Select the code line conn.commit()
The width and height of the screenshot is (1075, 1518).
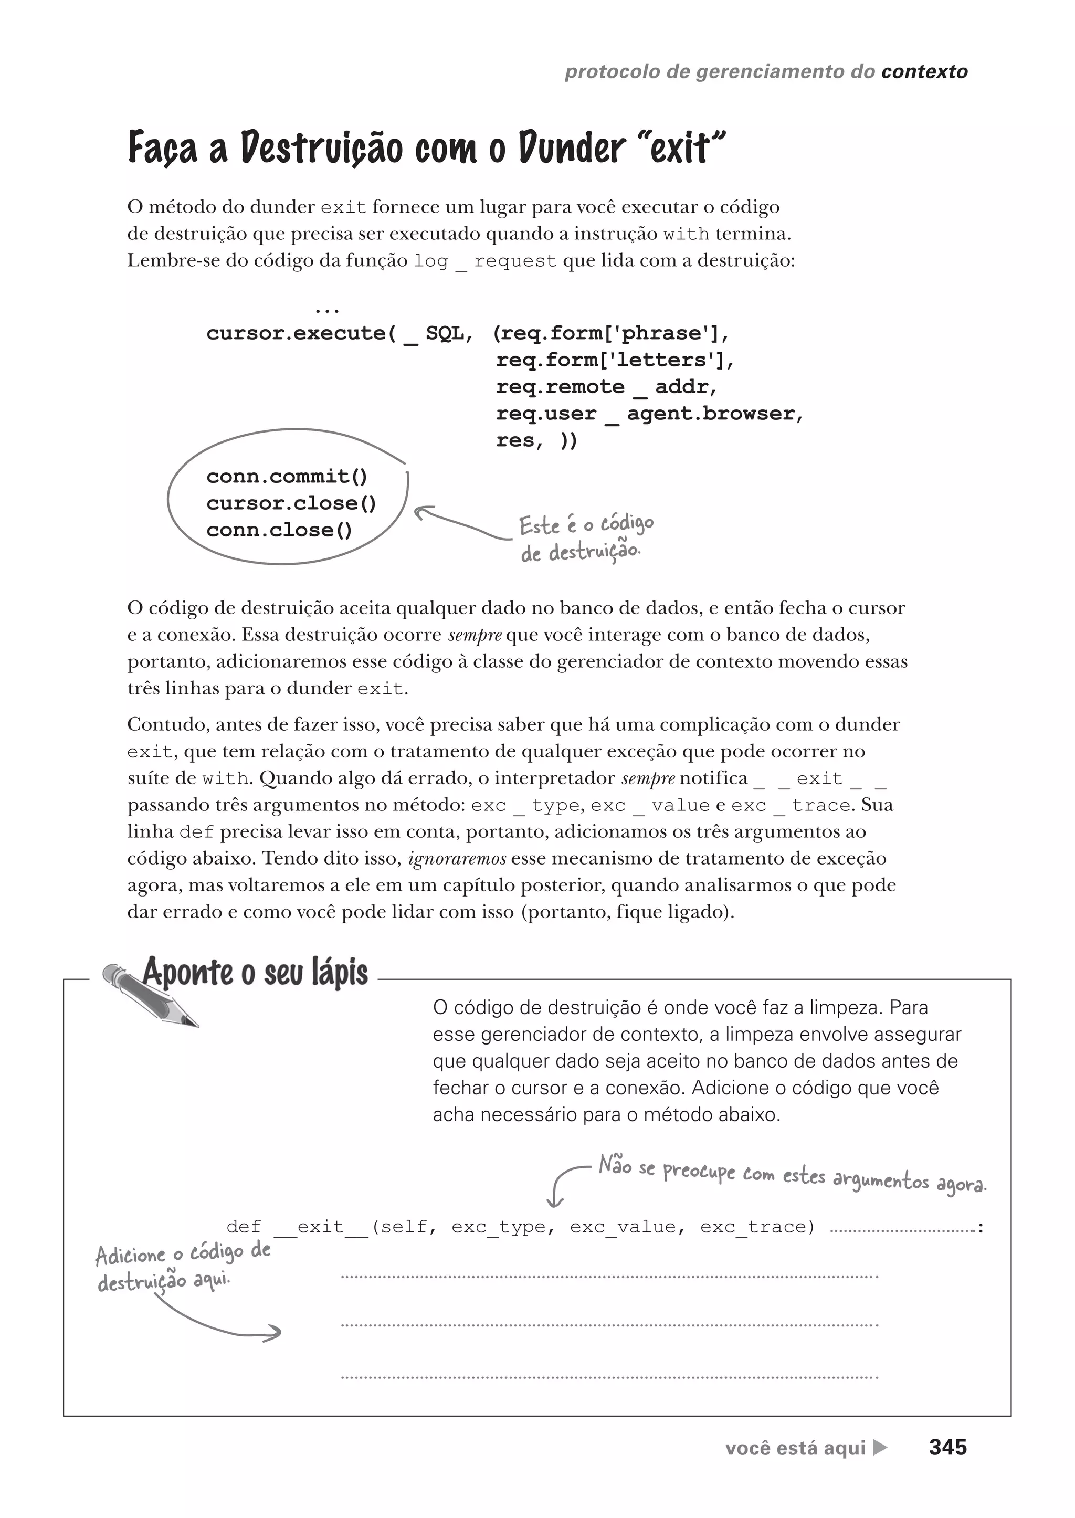pos(287,476)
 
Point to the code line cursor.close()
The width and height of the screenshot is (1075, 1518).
pos(291,503)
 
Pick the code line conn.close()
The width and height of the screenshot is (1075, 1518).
pos(279,530)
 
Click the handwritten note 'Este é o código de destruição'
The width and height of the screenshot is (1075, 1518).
pos(585,537)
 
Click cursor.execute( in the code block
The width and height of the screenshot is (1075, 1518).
pos(301,332)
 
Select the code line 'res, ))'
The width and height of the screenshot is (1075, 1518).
pos(536,440)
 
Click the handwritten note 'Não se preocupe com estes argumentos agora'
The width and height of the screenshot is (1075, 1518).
pos(792,1176)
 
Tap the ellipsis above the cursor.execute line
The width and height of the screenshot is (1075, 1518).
pos(327,309)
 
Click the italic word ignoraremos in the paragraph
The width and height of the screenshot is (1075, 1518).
pos(457,859)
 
